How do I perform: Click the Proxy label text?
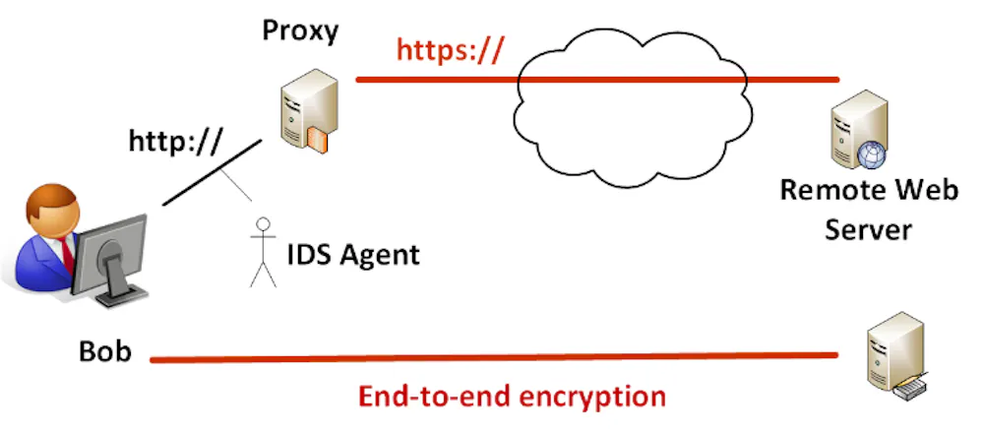(x=299, y=31)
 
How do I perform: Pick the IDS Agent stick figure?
(x=263, y=250)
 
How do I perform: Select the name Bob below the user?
(x=105, y=351)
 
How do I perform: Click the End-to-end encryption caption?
(x=512, y=397)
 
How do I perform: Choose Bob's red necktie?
(x=66, y=252)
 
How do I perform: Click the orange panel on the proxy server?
(x=315, y=138)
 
